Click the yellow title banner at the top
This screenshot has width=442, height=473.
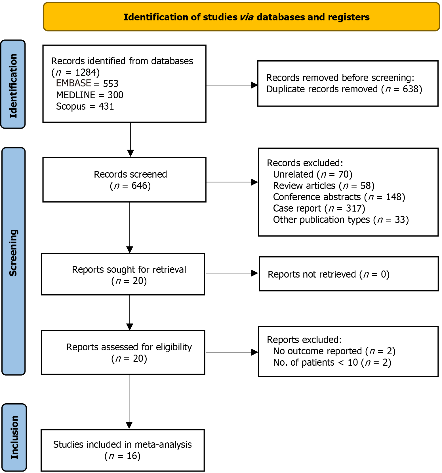coord(241,17)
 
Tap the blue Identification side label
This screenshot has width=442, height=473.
coord(13,84)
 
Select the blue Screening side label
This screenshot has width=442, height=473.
coord(13,261)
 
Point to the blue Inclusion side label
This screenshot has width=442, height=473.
coord(14,437)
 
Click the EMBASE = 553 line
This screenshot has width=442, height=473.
coord(87,84)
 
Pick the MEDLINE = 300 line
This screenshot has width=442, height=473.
coord(90,95)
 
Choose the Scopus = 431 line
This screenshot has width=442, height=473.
coord(85,106)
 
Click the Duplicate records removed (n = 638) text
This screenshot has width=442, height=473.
coord(344,89)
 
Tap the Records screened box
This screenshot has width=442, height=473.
coord(124,180)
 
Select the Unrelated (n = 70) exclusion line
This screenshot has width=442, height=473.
coord(313,174)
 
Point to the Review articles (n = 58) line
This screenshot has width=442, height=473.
coord(324,186)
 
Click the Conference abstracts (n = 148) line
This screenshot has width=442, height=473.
coord(339,197)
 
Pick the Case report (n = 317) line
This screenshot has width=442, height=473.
coord(319,208)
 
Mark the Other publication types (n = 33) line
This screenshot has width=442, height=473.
coord(341,220)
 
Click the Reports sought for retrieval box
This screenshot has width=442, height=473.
coord(123,274)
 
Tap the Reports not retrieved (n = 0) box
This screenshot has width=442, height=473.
coord(349,274)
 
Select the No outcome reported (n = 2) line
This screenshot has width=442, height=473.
coord(334,351)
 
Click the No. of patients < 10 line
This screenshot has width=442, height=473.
coord(332,363)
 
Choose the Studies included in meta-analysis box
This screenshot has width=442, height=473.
coord(123,450)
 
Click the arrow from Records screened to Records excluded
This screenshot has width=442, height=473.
coord(232,182)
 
